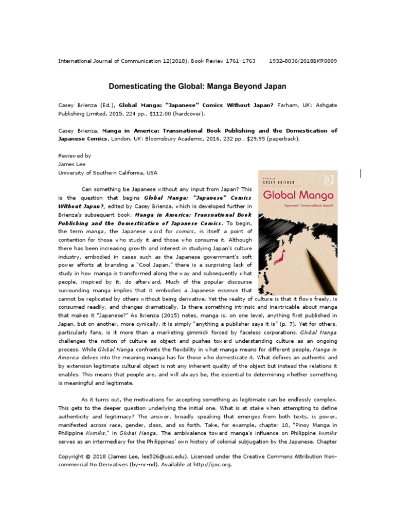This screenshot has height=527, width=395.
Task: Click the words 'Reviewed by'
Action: [75, 155]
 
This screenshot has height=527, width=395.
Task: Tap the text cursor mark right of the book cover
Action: [361, 173]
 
